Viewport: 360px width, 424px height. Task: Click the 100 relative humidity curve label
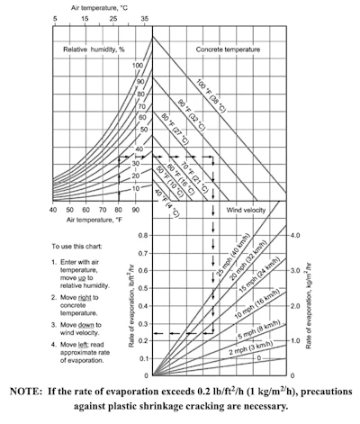pos(138,66)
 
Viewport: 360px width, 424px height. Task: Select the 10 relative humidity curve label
pos(136,188)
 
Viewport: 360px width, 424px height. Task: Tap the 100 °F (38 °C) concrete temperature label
pos(211,95)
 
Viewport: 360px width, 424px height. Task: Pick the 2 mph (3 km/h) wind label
pos(251,347)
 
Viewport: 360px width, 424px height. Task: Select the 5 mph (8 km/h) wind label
pos(259,329)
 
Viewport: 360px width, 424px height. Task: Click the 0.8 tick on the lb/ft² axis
pos(143,235)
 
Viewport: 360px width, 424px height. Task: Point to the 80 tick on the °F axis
pos(119,210)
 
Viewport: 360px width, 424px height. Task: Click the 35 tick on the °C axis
pos(145,19)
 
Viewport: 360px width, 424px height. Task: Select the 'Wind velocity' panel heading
pos(246,210)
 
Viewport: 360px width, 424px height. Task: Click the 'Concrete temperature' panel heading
pos(228,50)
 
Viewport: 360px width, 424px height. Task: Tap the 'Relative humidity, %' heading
pos(94,50)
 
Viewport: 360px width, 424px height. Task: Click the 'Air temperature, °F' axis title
pos(94,220)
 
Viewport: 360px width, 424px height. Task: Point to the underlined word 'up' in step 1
pos(82,277)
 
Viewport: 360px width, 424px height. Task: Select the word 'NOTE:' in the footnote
pos(26,392)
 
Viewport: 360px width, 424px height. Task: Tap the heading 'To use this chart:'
pos(76,247)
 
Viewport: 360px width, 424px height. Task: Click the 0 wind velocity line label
pos(259,358)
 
